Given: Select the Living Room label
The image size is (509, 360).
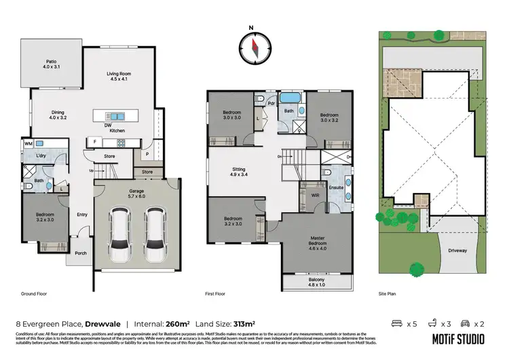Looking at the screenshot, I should (122, 77).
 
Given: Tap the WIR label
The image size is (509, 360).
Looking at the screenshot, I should (315, 194).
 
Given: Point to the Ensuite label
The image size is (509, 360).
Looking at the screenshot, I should (335, 187).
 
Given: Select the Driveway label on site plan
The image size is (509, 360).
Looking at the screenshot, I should (457, 251).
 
